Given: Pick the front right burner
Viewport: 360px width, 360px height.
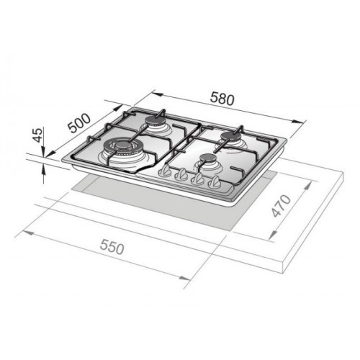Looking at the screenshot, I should point(208,161).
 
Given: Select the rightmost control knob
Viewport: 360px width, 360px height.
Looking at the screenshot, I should point(214,183).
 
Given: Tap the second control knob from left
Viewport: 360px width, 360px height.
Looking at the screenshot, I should point(182,174).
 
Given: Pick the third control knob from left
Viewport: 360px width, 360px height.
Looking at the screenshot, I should point(197,179).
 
